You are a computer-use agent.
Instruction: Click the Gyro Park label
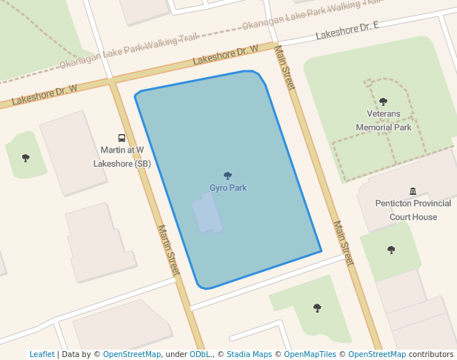pyautogui.click(x=227, y=187)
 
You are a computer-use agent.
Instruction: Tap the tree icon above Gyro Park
pyautogui.click(x=227, y=176)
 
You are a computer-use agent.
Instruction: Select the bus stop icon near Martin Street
pyautogui.click(x=121, y=138)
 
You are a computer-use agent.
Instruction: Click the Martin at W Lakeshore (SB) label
pyautogui.click(x=121, y=156)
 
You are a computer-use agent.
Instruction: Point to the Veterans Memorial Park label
pyautogui.click(x=383, y=121)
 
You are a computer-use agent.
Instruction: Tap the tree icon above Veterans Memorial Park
pyautogui.click(x=383, y=101)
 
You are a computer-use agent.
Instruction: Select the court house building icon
pyautogui.click(x=413, y=191)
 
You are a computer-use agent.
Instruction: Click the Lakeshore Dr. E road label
pyautogui.click(x=347, y=30)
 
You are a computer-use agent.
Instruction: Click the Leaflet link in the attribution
pyautogui.click(x=41, y=354)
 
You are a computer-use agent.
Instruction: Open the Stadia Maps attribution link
pyautogui.click(x=249, y=354)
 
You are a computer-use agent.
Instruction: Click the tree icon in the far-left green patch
pyautogui.click(x=26, y=158)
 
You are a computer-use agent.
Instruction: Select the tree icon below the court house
pyautogui.click(x=391, y=250)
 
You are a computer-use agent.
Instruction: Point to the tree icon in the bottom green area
pyautogui.click(x=317, y=307)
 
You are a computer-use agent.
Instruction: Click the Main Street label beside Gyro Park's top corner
pyautogui.click(x=284, y=68)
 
